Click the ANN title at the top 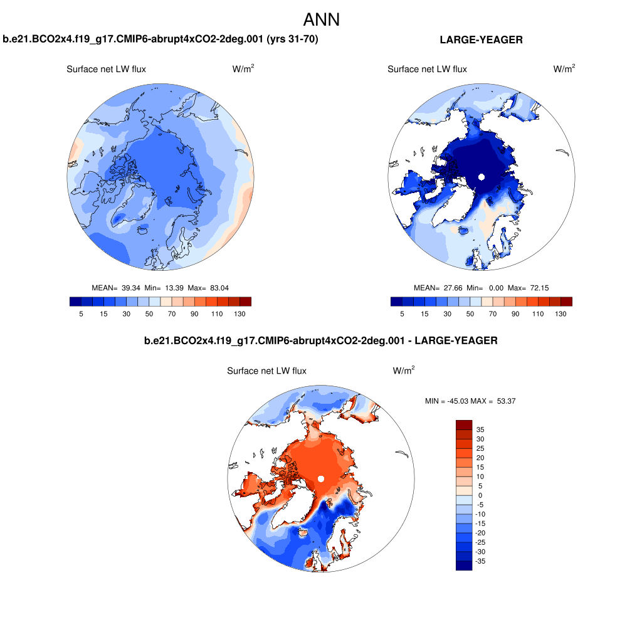(x=321, y=19)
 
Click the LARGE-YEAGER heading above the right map (x=481, y=39)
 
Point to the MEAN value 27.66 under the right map (x=453, y=288)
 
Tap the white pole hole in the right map (x=481, y=177)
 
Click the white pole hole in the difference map (x=320, y=479)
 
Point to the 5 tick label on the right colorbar (x=402, y=313)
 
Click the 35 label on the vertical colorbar (x=480, y=429)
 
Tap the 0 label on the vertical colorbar (x=480, y=495)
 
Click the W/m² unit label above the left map (x=243, y=69)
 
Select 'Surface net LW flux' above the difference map (x=266, y=371)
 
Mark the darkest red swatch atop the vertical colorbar (x=463, y=424)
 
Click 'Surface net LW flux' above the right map (x=427, y=69)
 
